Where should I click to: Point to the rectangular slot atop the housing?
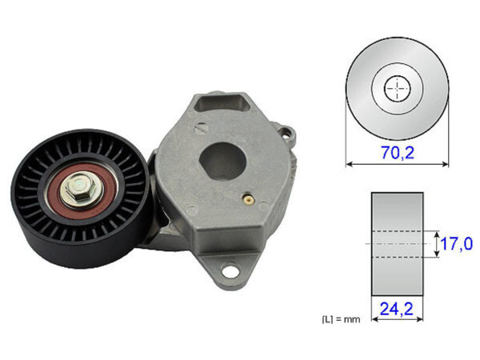click(222, 104)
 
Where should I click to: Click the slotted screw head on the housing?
click(203, 125)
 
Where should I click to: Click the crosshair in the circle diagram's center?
click(397, 89)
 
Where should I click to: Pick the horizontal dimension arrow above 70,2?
click(398, 163)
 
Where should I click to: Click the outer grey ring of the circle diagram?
click(360, 89)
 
